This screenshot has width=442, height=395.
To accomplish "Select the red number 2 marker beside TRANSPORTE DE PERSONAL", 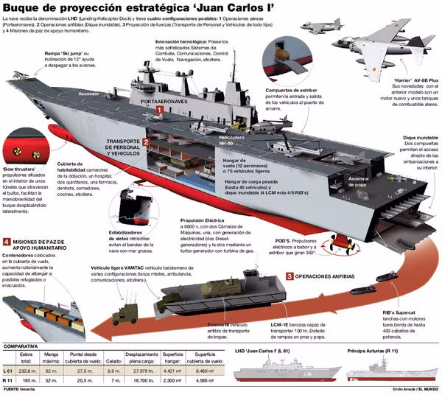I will click(x=147, y=142).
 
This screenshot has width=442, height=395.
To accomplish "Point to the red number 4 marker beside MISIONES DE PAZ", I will click(x=7, y=241).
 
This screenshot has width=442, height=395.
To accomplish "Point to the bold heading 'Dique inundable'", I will click(x=421, y=138).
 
